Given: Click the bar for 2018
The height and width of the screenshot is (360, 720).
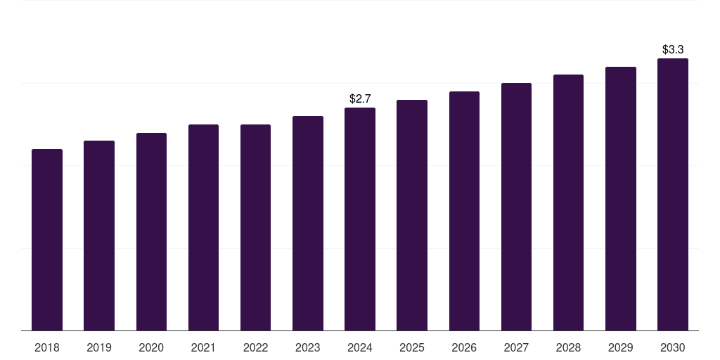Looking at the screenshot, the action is (47, 240).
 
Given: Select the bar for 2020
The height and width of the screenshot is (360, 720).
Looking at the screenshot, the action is (151, 232).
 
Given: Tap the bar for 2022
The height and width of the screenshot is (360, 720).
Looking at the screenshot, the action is (255, 228).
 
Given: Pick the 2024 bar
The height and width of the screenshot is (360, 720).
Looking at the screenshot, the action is (360, 219).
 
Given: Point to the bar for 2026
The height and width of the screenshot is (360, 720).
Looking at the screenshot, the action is (464, 211).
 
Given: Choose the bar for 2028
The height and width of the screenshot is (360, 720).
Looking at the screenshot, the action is (568, 202).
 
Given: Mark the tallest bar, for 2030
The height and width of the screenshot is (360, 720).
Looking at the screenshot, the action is (673, 195).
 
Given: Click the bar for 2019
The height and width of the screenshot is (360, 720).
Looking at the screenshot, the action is (99, 236).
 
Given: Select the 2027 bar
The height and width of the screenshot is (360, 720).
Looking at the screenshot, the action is (516, 207).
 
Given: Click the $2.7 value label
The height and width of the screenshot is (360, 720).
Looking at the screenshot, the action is (360, 98).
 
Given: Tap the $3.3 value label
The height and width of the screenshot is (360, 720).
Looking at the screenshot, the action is (673, 50).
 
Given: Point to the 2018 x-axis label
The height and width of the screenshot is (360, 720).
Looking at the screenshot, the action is (47, 347).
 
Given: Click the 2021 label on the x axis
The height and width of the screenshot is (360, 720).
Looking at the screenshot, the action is (203, 347).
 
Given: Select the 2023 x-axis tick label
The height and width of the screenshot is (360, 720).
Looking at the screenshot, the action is (308, 347).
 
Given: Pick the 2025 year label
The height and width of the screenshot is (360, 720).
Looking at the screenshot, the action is (412, 347).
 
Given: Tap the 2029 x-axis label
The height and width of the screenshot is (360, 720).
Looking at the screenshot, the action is (620, 347).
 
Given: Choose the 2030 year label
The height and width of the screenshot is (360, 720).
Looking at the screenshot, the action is (673, 347).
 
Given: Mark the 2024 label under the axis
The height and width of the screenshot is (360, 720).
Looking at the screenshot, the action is (360, 347).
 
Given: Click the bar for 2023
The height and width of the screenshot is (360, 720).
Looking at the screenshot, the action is (308, 224).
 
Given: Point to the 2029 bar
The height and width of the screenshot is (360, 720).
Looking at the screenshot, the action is (620, 199).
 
